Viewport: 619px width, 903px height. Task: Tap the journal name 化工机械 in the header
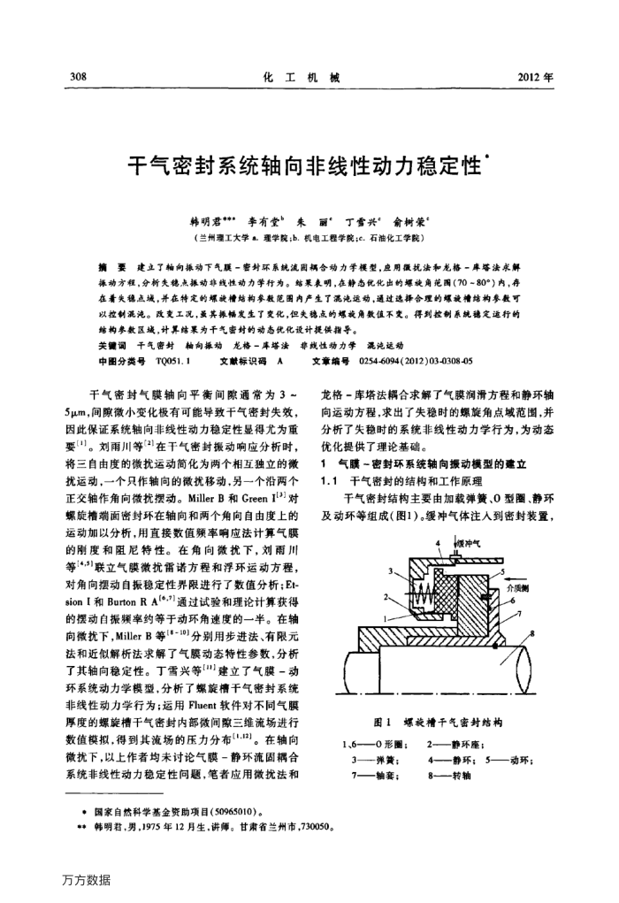coord(303,77)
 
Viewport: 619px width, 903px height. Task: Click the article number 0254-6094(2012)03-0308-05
coord(413,361)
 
